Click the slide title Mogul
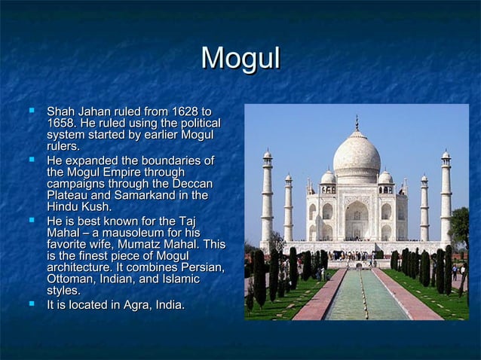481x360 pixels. tap(240, 59)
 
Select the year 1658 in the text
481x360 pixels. tap(60, 123)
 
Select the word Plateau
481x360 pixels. tap(69, 195)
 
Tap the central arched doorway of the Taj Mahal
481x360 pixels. tap(357, 221)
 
